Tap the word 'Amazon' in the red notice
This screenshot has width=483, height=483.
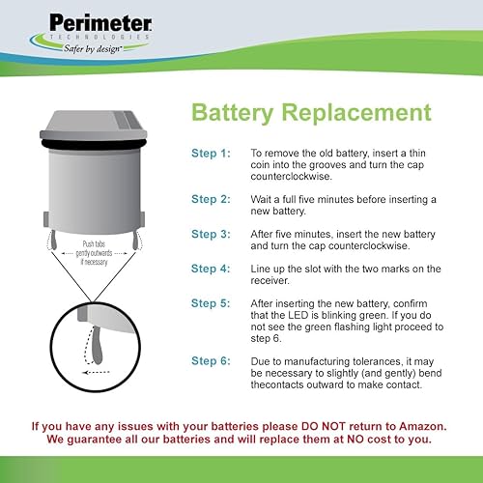pos(425,425)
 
